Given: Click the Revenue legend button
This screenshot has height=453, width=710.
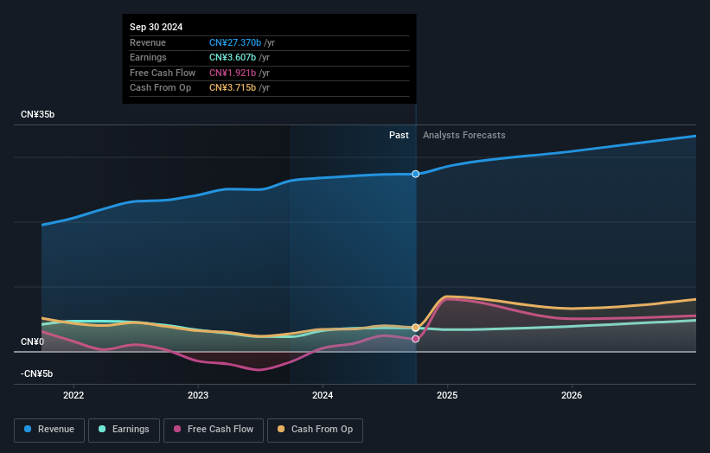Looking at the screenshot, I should point(50,430).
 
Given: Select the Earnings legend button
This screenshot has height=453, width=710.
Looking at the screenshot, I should point(124,430).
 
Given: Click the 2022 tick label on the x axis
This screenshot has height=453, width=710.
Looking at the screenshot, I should point(74,396).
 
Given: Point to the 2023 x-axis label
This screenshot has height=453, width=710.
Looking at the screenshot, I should point(198,396).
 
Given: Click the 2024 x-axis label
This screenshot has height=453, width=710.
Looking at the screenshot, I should point(323,396).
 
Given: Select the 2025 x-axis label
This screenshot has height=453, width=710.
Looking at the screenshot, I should point(447,396).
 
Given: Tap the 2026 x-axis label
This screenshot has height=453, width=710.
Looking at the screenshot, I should point(572,396).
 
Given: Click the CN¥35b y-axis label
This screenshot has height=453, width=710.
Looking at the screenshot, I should point(37,115).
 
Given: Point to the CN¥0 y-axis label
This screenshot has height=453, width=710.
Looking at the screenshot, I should point(32,342).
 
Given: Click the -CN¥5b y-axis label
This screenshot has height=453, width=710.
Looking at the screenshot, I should point(37,373).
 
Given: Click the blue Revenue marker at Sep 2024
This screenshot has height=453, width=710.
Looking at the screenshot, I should point(416,174).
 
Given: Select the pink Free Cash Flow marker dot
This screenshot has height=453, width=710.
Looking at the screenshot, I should point(416,339).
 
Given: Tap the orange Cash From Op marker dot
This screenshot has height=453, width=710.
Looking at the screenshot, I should point(416,328).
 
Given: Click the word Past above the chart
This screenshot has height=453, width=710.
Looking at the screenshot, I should point(399,135).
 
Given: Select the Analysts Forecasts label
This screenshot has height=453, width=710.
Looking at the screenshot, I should point(464,135).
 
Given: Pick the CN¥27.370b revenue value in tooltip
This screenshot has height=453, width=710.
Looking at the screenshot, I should point(235,42).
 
